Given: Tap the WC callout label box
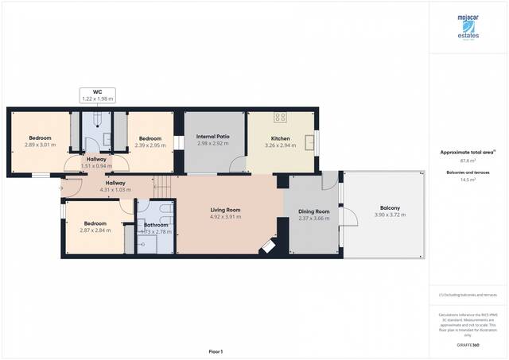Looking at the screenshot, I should coord(98,95).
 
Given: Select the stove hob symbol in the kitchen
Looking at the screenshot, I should coord(280,118).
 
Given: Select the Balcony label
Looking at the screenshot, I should coord(388,211).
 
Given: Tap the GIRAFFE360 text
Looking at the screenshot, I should coord(468,345).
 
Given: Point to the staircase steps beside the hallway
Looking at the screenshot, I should coord(162,188).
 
